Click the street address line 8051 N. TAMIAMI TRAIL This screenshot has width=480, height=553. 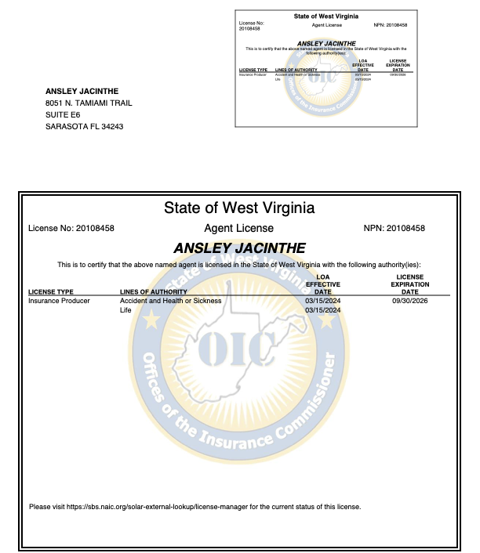(89, 103)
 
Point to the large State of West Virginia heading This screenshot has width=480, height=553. (238, 208)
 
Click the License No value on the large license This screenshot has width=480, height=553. (95, 228)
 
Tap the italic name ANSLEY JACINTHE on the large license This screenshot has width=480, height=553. (238, 248)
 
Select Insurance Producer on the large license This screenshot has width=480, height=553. (59, 301)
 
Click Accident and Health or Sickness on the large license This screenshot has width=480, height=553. (170, 301)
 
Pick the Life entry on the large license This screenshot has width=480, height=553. (125, 310)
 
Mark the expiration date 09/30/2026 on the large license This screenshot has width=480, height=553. (410, 301)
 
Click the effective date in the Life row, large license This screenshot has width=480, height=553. (323, 310)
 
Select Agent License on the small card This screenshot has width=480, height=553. (326, 25)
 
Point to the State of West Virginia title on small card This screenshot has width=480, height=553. (326, 16)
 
